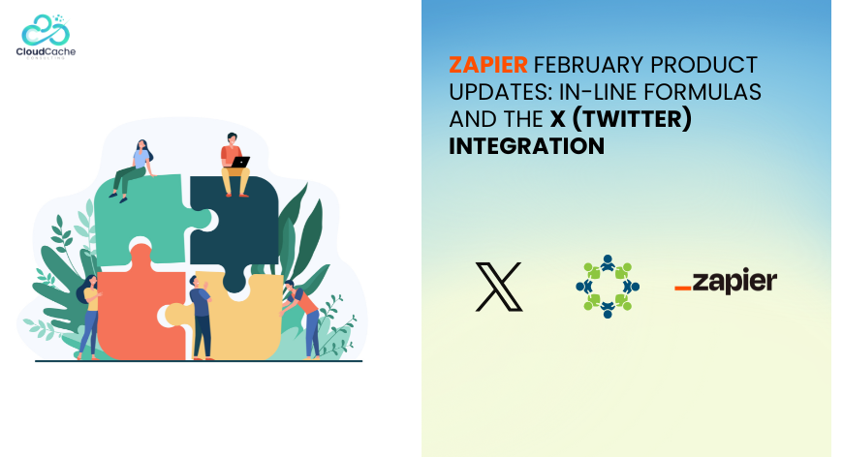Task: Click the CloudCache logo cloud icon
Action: coord(46,30)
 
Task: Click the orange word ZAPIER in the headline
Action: coord(488,65)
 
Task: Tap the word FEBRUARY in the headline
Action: coord(589,65)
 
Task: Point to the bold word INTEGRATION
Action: coord(527,146)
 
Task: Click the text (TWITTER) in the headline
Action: coord(632,119)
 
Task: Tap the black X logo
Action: coord(499,287)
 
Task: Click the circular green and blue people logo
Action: coord(608,287)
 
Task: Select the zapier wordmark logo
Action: coord(726,281)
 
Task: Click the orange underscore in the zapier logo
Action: coord(683,289)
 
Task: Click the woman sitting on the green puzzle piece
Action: coord(132,170)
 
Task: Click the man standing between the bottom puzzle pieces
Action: coord(201,317)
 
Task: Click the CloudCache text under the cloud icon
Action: coord(46,51)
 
